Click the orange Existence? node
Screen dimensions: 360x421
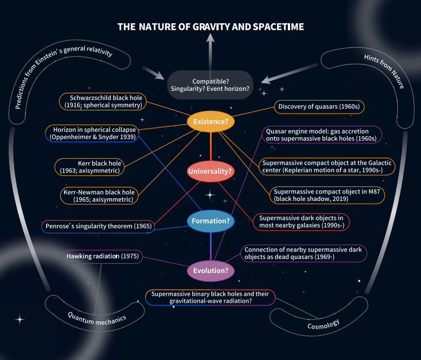point(210,122)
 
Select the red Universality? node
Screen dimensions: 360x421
point(210,171)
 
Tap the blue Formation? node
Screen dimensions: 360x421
point(210,221)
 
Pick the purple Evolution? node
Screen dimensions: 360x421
point(210,270)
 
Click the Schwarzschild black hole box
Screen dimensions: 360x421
point(101,101)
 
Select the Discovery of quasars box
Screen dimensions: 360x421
point(319,106)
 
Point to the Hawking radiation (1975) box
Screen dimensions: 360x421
point(102,256)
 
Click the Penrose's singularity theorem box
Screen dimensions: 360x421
point(98,225)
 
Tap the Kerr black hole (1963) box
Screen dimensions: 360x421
point(91,166)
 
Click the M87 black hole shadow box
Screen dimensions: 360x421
point(327,195)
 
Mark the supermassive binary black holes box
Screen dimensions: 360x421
point(210,297)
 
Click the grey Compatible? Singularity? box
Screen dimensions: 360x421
point(210,85)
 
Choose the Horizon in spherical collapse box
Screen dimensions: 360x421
point(90,134)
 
